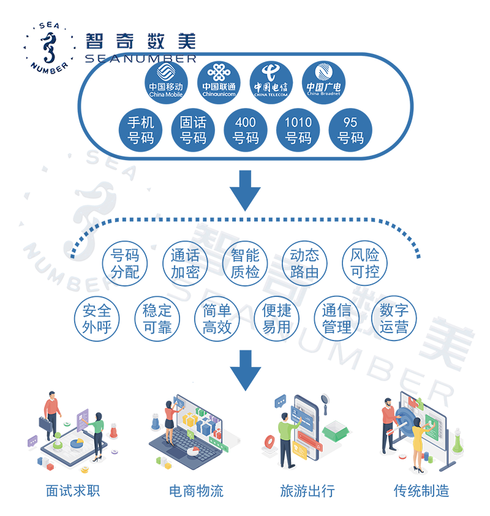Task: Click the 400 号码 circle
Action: click(x=245, y=131)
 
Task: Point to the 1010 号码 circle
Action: click(x=298, y=131)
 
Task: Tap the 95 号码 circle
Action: click(x=350, y=131)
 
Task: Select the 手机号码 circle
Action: click(x=140, y=131)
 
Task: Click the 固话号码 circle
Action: click(x=193, y=131)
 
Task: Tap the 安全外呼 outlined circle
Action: click(x=97, y=318)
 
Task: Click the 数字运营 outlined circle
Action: click(x=394, y=318)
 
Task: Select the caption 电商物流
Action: click(x=196, y=491)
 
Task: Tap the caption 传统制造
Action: click(x=421, y=491)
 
